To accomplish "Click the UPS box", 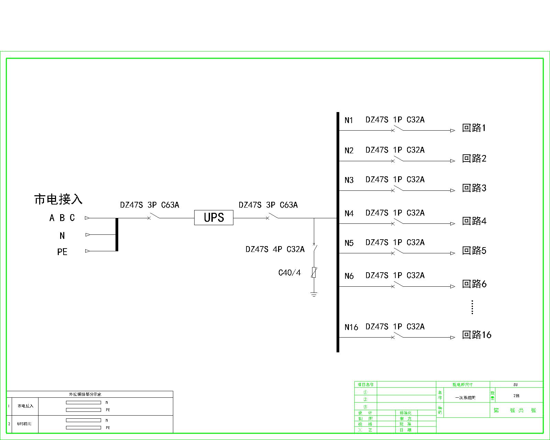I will point(213,218).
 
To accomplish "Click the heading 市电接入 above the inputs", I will point(58,199).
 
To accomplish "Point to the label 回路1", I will point(474,128).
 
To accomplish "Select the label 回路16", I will point(476,335).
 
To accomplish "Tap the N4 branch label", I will point(349,214).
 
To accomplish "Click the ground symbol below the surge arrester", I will point(313,294).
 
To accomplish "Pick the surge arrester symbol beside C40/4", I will point(313,272).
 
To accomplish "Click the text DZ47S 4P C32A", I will point(275,249).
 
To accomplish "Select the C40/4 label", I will point(289,273).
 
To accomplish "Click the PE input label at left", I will point(62,252).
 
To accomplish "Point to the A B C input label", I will point(62,218).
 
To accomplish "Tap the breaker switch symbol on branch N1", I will point(398,129).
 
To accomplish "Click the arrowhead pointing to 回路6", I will point(452,286).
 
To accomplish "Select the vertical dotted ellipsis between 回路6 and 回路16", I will point(472,307).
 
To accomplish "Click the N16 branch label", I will point(351,327).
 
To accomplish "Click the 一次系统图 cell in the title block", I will point(465,398).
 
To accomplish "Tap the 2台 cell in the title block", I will point(516,396).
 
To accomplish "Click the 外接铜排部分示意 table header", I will point(85,394).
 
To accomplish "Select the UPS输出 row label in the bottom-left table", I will point(24,424).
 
